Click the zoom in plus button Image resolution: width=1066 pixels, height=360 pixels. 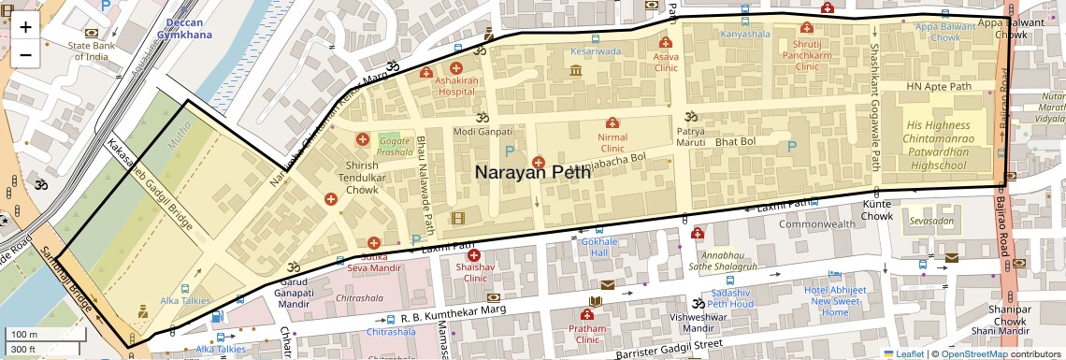(x=25, y=26)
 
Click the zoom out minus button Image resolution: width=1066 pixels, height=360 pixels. (x=25, y=54)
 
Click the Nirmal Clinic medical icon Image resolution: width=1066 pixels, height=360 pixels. (x=612, y=123)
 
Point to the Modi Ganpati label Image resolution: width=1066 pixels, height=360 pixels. (x=483, y=133)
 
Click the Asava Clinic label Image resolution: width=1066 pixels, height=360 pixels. (x=665, y=62)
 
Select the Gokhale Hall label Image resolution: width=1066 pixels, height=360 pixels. (x=595, y=247)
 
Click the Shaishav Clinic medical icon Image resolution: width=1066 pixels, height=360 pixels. (x=474, y=255)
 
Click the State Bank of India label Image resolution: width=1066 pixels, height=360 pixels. (x=89, y=50)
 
